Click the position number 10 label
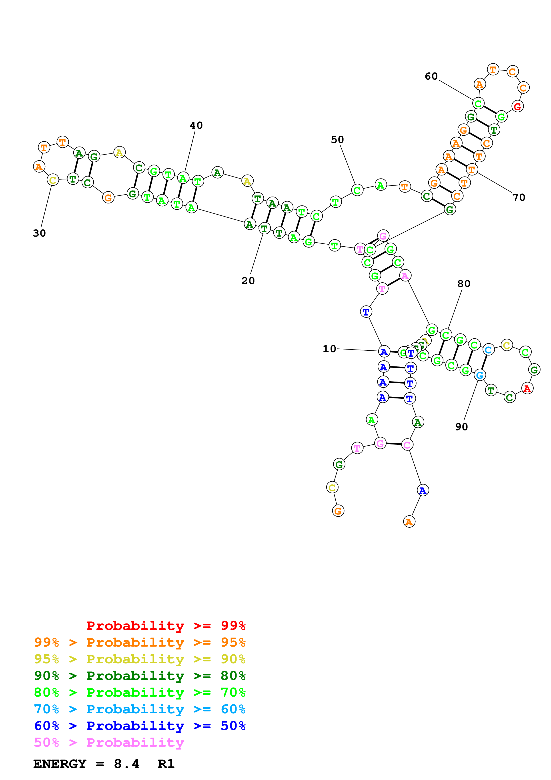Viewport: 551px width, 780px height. tap(329, 349)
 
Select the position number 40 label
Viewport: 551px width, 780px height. tap(196, 125)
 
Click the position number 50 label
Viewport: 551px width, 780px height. tap(337, 140)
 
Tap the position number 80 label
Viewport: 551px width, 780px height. tap(464, 284)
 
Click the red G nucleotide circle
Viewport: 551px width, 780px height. tap(517, 106)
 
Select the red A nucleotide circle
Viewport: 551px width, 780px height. tap(527, 388)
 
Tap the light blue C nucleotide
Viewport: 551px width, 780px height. tap(488, 350)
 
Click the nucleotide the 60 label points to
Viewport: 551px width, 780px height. tap(478, 103)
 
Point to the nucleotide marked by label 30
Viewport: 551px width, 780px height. tap(53, 180)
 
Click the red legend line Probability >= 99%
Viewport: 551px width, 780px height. tap(166, 625)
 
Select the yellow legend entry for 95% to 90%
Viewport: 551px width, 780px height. tap(140, 659)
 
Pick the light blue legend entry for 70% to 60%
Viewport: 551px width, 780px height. tap(140, 709)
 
